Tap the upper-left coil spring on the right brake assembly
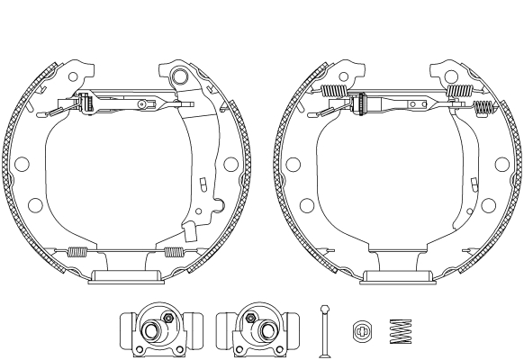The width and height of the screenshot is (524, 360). pyautogui.click(x=335, y=91)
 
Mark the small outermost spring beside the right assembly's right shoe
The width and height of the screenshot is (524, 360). pyautogui.click(x=486, y=110)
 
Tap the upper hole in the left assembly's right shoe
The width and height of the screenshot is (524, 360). pyautogui.click(x=230, y=165)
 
